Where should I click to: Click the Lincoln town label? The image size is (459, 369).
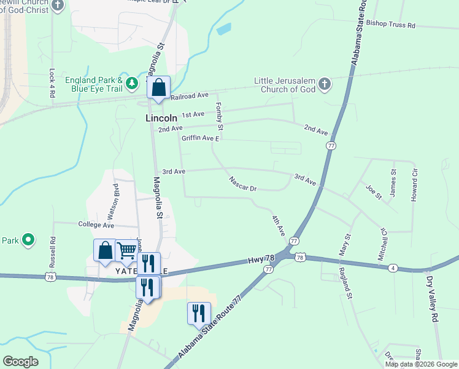pos(161,117)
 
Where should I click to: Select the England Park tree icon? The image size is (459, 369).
pos(131,83)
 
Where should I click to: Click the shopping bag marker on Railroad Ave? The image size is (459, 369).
pos(158,88)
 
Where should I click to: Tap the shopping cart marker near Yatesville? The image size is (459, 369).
pos(126,250)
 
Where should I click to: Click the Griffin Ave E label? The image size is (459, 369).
pos(199,138)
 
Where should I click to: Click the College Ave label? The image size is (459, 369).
pos(97,225)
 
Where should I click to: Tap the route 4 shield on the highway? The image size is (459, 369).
pos(393,268)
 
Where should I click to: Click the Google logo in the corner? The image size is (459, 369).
pos(20,362)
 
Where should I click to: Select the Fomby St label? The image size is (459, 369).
pos(219,116)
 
